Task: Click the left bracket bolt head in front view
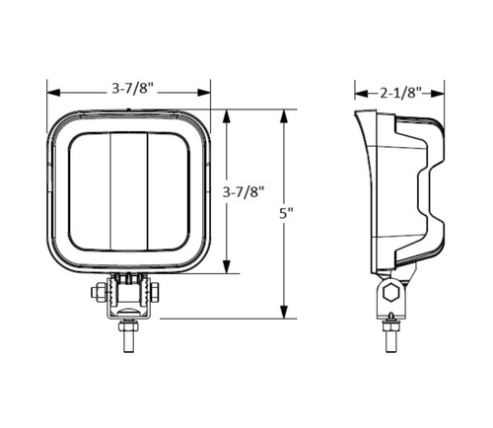(100, 293)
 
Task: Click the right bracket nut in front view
(158, 293)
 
